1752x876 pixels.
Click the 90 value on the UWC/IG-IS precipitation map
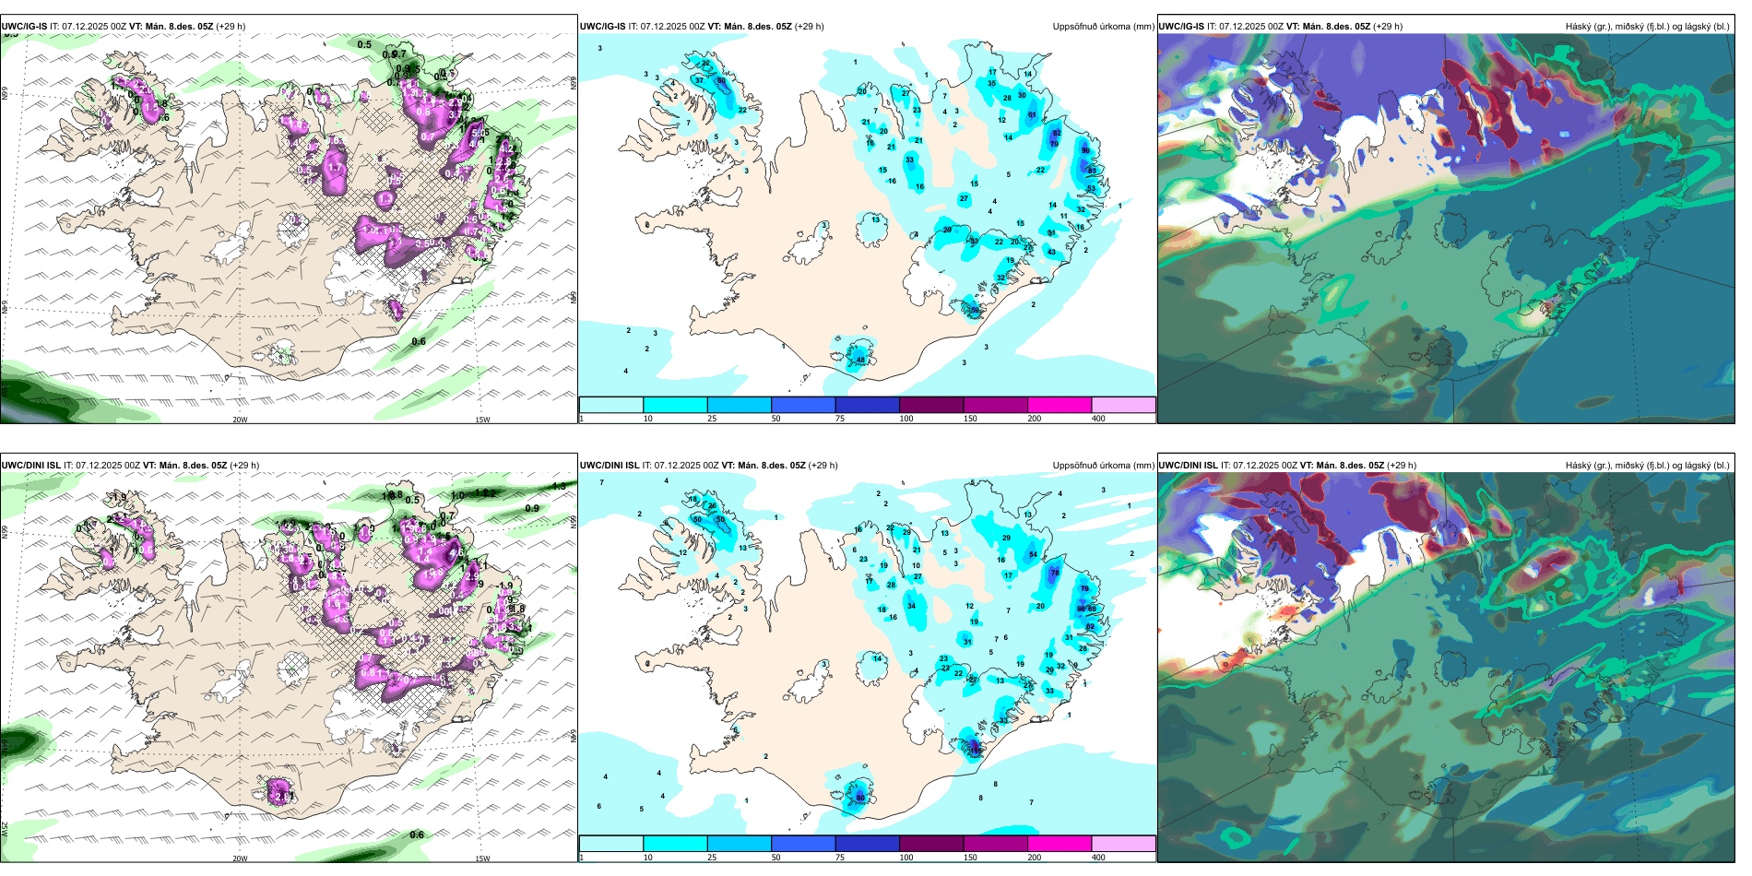coord(1085,150)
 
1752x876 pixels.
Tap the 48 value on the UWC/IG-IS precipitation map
coord(861,360)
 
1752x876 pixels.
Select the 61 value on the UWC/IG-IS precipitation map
coord(1032,115)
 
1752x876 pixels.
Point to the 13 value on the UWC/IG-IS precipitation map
coord(876,219)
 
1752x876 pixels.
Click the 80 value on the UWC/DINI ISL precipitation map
coord(860,798)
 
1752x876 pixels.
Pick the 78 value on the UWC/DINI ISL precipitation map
coord(1055,573)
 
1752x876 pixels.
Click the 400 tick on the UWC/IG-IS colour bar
coord(1098,419)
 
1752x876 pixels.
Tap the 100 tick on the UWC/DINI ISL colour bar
coord(906,858)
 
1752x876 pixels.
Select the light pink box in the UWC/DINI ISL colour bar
coord(1123,844)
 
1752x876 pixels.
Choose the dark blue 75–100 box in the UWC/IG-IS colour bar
coord(867,405)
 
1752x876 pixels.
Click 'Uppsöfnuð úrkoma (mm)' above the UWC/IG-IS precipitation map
coord(1103,27)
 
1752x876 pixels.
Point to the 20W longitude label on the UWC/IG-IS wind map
coord(240,420)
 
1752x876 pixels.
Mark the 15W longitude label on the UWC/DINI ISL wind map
coord(482,858)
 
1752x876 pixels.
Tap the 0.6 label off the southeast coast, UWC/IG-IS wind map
coord(419,342)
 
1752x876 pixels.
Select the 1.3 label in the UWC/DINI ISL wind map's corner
coord(559,487)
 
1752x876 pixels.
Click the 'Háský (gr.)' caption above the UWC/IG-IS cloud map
coord(1588,27)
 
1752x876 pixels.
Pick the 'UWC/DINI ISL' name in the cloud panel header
coord(1189,466)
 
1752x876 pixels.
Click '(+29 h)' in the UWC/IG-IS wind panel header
coord(231,27)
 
